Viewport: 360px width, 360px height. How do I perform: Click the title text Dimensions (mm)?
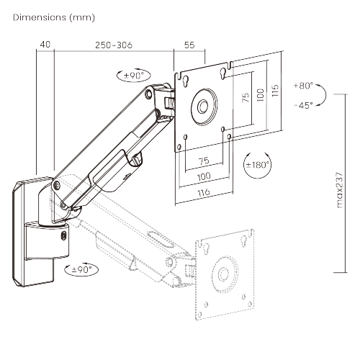point(53,17)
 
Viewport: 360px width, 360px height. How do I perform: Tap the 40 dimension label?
point(45,45)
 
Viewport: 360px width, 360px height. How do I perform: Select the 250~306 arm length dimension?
point(113,45)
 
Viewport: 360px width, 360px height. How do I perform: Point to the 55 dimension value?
point(190,45)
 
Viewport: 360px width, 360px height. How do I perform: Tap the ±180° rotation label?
point(258,165)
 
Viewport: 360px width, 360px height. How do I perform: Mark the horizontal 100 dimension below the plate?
point(204,176)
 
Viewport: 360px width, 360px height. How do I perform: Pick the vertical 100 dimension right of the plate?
point(263,96)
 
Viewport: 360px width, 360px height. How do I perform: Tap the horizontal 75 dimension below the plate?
point(204,161)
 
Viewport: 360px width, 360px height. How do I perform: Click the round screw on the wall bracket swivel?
point(66,234)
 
